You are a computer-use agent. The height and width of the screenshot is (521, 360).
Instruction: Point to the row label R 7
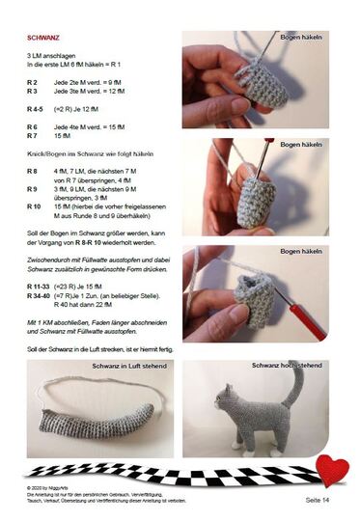tap(32, 137)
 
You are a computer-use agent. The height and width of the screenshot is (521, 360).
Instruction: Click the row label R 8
tap(32, 171)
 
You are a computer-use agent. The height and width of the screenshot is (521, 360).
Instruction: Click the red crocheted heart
tap(331, 469)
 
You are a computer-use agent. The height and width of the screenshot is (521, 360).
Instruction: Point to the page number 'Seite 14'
tap(318, 500)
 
